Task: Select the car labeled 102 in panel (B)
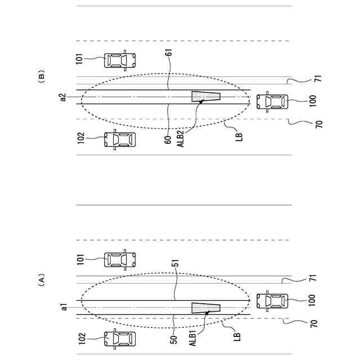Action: [120, 139]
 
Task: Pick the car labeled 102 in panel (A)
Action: [120, 339]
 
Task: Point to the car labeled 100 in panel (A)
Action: [272, 301]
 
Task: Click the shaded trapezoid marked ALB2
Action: [205, 97]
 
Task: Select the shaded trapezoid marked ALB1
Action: [205, 308]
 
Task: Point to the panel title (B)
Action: [40, 76]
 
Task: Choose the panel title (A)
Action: [40, 280]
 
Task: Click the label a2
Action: [64, 97]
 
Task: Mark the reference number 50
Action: [174, 340]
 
